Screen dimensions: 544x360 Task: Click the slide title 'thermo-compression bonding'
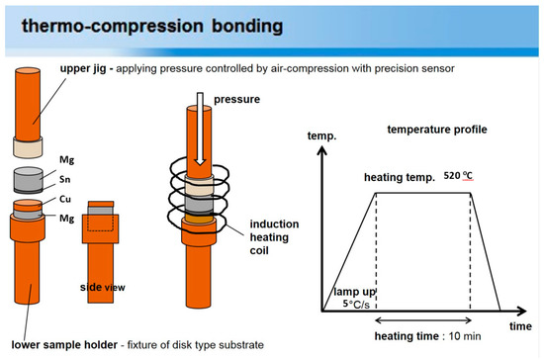coord(152,27)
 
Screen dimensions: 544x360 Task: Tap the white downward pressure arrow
coord(200,129)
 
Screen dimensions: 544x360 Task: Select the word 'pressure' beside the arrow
coord(236,100)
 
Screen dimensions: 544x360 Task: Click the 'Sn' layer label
coord(65,179)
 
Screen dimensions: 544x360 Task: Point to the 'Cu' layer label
coord(65,199)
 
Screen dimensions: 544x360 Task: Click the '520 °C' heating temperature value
coord(458,176)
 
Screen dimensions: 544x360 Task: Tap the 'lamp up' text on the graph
coord(354,292)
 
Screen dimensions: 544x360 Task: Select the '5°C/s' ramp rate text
coord(356,305)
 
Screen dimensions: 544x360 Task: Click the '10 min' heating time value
coord(465,336)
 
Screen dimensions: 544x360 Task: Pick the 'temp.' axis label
coord(321,135)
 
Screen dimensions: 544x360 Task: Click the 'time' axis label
coord(520,326)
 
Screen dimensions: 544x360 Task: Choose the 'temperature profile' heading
coord(437,130)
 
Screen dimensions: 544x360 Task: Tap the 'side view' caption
coord(103,287)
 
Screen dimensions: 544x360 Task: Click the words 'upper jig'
coord(83,68)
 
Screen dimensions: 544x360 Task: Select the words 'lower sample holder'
coord(64,345)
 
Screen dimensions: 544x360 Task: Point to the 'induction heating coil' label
coord(274,237)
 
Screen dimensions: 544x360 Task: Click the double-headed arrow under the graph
coord(423,320)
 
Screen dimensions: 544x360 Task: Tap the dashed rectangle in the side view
coord(100,220)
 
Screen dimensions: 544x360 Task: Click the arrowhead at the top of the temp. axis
coord(322,150)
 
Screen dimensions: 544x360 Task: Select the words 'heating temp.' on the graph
coord(400,178)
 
